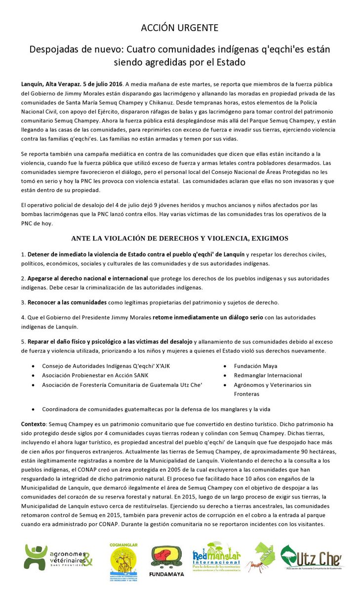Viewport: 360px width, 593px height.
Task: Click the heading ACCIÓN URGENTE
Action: (x=180, y=28)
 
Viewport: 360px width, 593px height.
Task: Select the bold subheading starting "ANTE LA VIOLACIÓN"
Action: (x=180, y=239)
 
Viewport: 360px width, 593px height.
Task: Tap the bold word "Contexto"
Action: (x=33, y=424)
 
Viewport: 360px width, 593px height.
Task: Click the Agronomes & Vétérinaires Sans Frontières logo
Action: (x=58, y=557)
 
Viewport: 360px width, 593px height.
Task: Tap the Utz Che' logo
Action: (x=311, y=557)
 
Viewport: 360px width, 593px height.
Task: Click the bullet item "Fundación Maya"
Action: (x=256, y=366)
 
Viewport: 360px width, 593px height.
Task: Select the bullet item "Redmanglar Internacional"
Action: (x=268, y=376)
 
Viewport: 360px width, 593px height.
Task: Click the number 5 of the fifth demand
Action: (x=23, y=341)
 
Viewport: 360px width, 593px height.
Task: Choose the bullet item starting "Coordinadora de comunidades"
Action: (x=156, y=409)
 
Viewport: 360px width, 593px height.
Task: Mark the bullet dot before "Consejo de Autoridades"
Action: (x=33, y=367)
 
